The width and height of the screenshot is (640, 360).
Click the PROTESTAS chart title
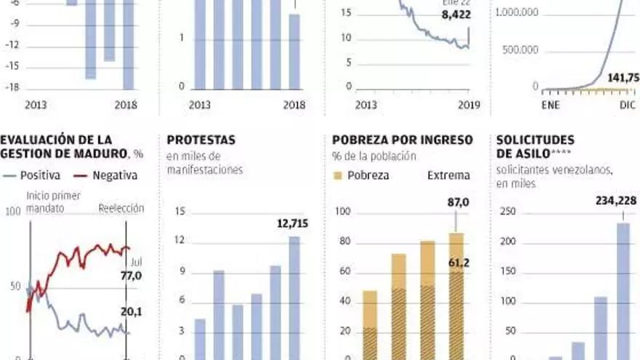[x=201, y=140]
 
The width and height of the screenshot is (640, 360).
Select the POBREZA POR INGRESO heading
[x=402, y=140]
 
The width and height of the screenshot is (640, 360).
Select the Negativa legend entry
[x=111, y=175]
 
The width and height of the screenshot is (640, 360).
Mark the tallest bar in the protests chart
[x=294, y=298]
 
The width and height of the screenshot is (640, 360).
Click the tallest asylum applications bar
[x=623, y=291]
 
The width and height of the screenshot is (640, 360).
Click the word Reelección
[x=121, y=208]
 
